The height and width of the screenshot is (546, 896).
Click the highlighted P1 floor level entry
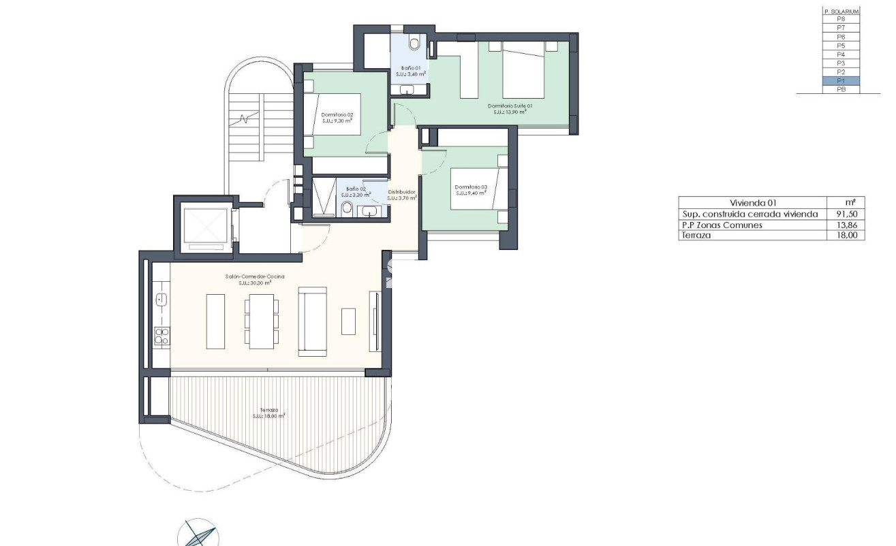point(841,80)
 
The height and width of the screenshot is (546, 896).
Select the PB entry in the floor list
point(841,89)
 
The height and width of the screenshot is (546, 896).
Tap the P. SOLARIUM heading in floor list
point(841,12)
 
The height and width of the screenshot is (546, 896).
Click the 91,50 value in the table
point(854,214)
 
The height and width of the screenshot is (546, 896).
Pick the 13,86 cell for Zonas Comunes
point(854,225)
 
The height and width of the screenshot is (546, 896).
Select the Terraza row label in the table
point(694,236)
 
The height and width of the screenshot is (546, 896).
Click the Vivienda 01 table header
point(753,202)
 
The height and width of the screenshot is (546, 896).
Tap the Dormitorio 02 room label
point(337,115)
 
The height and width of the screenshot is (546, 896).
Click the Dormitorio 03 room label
point(471,187)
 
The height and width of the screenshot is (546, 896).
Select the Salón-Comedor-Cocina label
point(254,276)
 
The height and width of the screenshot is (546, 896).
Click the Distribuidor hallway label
point(401,193)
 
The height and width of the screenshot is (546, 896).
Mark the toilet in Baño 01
point(414,44)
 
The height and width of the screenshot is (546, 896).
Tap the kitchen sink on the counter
point(161,299)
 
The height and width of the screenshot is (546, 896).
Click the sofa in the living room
point(313,320)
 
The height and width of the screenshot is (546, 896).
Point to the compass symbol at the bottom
point(198,534)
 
